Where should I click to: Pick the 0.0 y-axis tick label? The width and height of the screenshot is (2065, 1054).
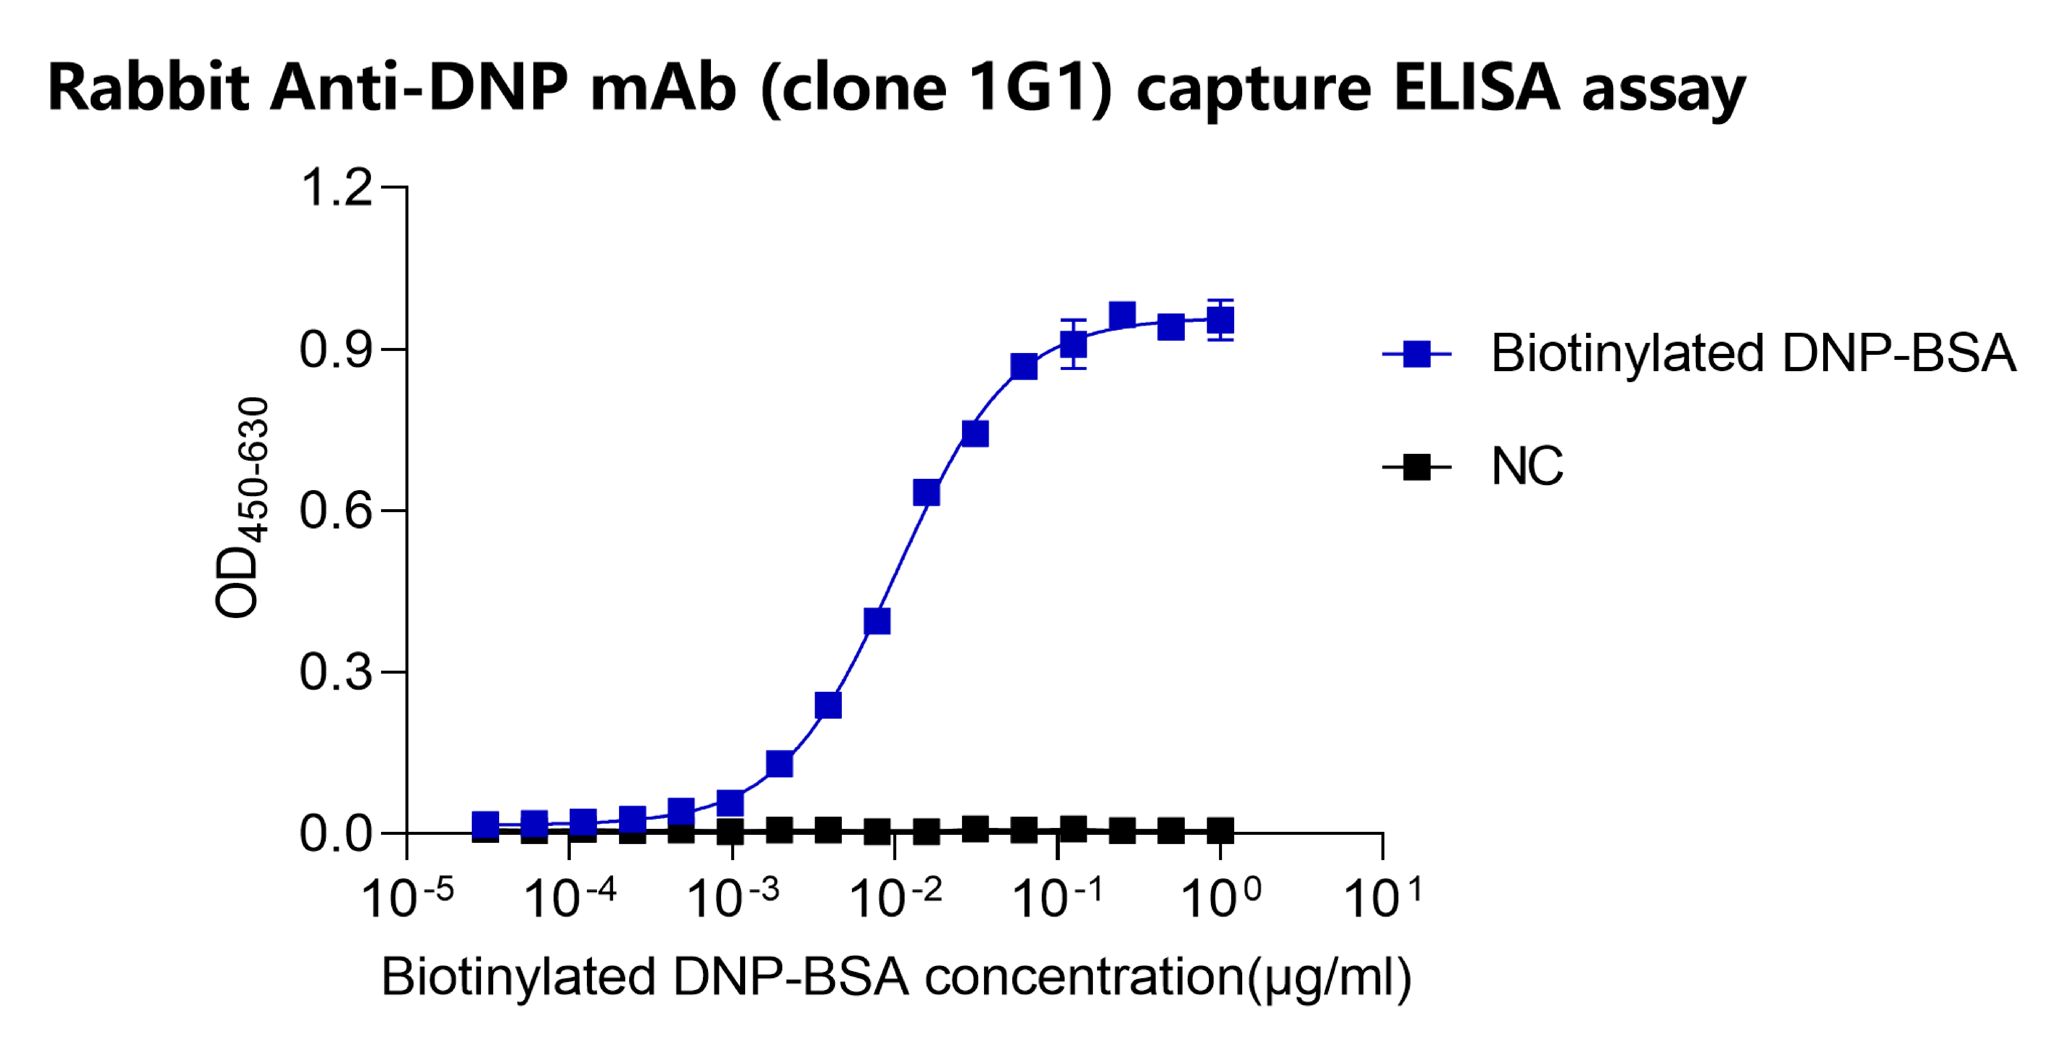pos(336,834)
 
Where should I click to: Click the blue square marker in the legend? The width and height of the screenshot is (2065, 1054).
pos(1417,354)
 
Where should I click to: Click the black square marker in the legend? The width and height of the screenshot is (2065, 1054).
pos(1417,467)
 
